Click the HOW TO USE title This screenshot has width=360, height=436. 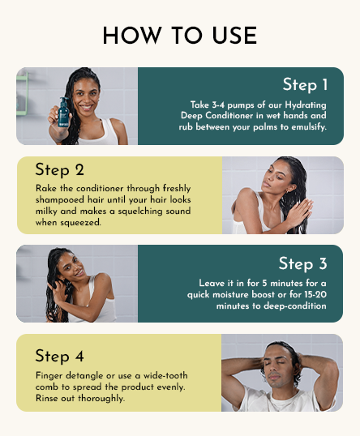pos(180,36)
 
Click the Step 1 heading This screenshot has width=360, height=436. pos(305,85)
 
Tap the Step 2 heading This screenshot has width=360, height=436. pos(59,170)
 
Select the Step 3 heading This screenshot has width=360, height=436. pos(302,263)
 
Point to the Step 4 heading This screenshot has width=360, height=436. pos(59,356)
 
